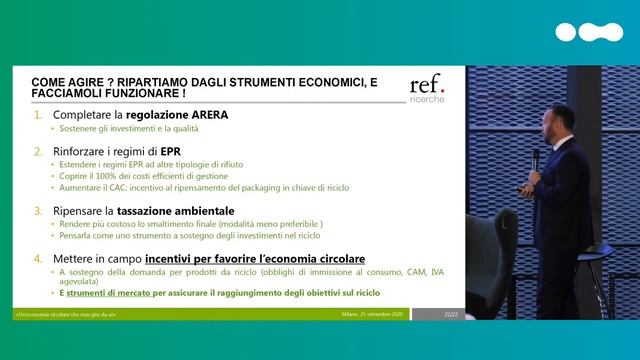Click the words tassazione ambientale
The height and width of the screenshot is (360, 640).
(x=171, y=211)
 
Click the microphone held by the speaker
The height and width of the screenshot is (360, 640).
(x=536, y=160)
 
